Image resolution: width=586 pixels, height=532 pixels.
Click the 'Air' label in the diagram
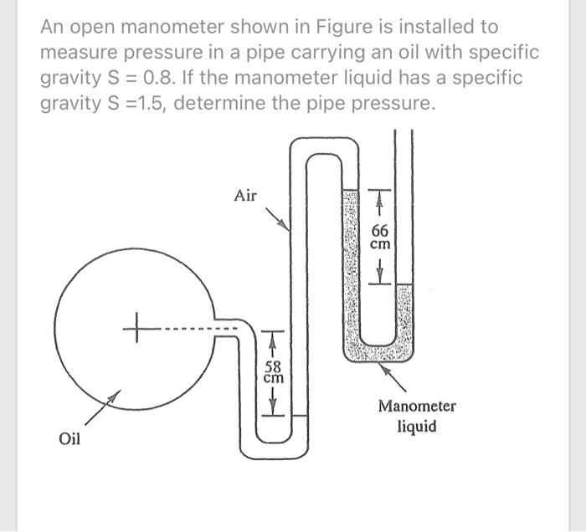[x=246, y=196]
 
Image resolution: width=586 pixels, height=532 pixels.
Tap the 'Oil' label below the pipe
[x=69, y=437]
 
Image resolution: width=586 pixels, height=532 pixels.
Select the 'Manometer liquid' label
[x=416, y=416]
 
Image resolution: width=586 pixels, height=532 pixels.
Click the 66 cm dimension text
[x=380, y=238]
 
